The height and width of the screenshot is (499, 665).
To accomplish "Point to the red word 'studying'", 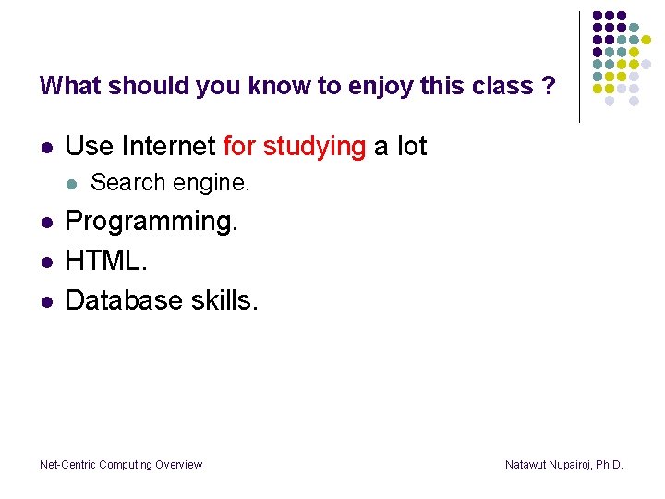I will click(314, 146).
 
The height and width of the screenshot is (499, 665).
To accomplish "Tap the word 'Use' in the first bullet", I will click(89, 146).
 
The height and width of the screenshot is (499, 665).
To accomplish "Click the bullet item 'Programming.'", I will click(151, 222).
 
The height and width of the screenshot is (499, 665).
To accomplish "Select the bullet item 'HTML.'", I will click(106, 261).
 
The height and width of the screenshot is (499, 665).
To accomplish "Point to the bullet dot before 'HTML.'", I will click(45, 262).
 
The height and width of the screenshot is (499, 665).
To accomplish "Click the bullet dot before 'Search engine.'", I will click(70, 184).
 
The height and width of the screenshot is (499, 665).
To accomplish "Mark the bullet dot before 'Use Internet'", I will click(45, 148).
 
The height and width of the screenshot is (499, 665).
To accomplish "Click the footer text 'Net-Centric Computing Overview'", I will click(121, 465).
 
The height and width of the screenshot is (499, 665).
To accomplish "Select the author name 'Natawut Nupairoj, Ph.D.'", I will click(563, 465).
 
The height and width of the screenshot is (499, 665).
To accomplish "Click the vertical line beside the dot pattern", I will click(580, 67).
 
